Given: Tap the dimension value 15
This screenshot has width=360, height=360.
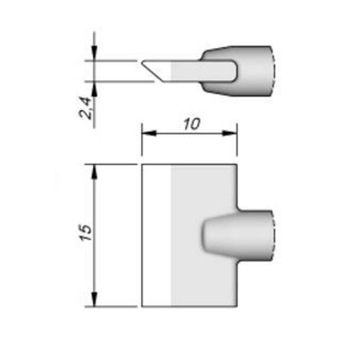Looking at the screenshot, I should click(86, 233).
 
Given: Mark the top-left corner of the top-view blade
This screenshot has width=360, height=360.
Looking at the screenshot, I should click(142, 165).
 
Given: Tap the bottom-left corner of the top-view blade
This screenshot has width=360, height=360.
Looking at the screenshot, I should click(142, 307).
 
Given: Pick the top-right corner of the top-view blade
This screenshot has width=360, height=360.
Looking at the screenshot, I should click(237, 165).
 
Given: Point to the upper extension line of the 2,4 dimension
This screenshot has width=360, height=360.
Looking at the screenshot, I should click(112, 61).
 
